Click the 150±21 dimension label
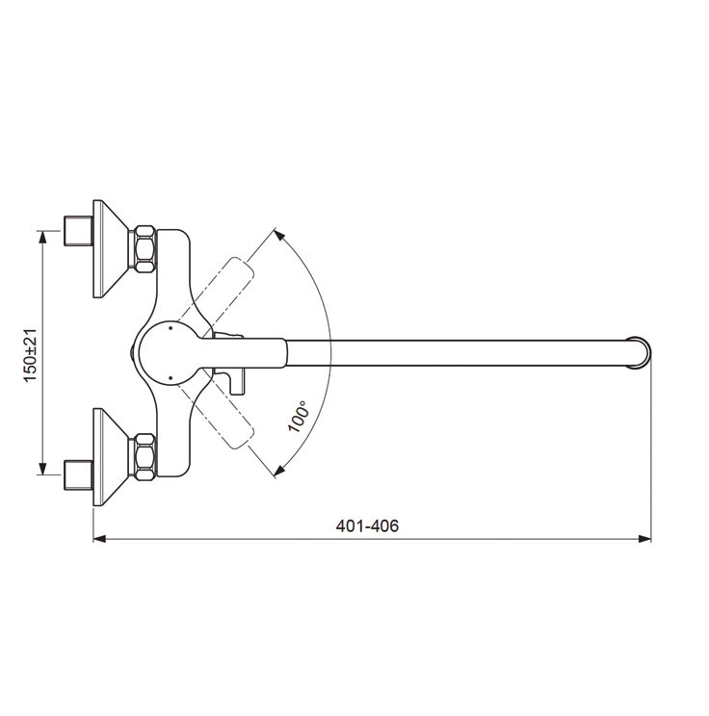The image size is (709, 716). tap(31, 355)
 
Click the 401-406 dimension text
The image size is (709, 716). tap(367, 526)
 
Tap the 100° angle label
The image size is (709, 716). tap(298, 416)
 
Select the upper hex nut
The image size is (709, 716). tap(144, 249)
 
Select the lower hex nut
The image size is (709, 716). tap(144, 456)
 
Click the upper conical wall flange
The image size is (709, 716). tap(109, 249)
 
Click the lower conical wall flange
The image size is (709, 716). tap(109, 456)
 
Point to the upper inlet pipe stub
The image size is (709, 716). tap(79, 231)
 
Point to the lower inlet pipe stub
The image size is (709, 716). tap(79, 475)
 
